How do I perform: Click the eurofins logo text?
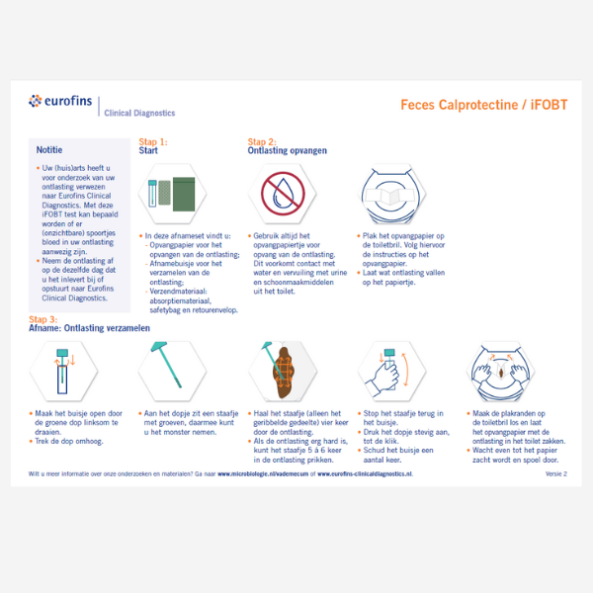point(68,101)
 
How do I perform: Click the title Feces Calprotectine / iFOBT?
point(483,104)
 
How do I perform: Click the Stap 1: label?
point(152,141)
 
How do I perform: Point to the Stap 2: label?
point(262,141)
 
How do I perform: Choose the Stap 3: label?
point(42,319)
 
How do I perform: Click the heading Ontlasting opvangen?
point(287,151)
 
